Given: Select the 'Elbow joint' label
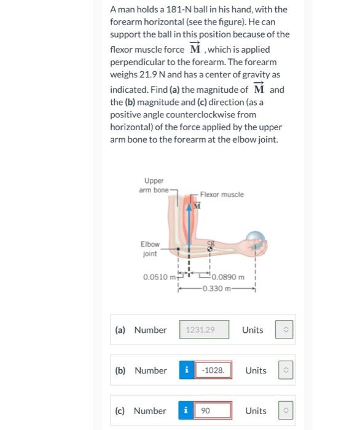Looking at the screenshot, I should tap(150, 249).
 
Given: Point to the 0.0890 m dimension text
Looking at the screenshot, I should tap(228, 277).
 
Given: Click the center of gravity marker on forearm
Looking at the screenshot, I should tap(211, 248).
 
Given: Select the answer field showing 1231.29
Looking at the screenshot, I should tap(204, 330).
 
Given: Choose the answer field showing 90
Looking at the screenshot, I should tap(213, 411).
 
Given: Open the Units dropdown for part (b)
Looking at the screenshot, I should tap(284, 370).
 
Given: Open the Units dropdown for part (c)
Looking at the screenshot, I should tap(284, 411).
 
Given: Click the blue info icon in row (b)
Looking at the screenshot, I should tap(187, 370).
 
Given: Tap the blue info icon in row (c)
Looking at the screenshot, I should tap(187, 411).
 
